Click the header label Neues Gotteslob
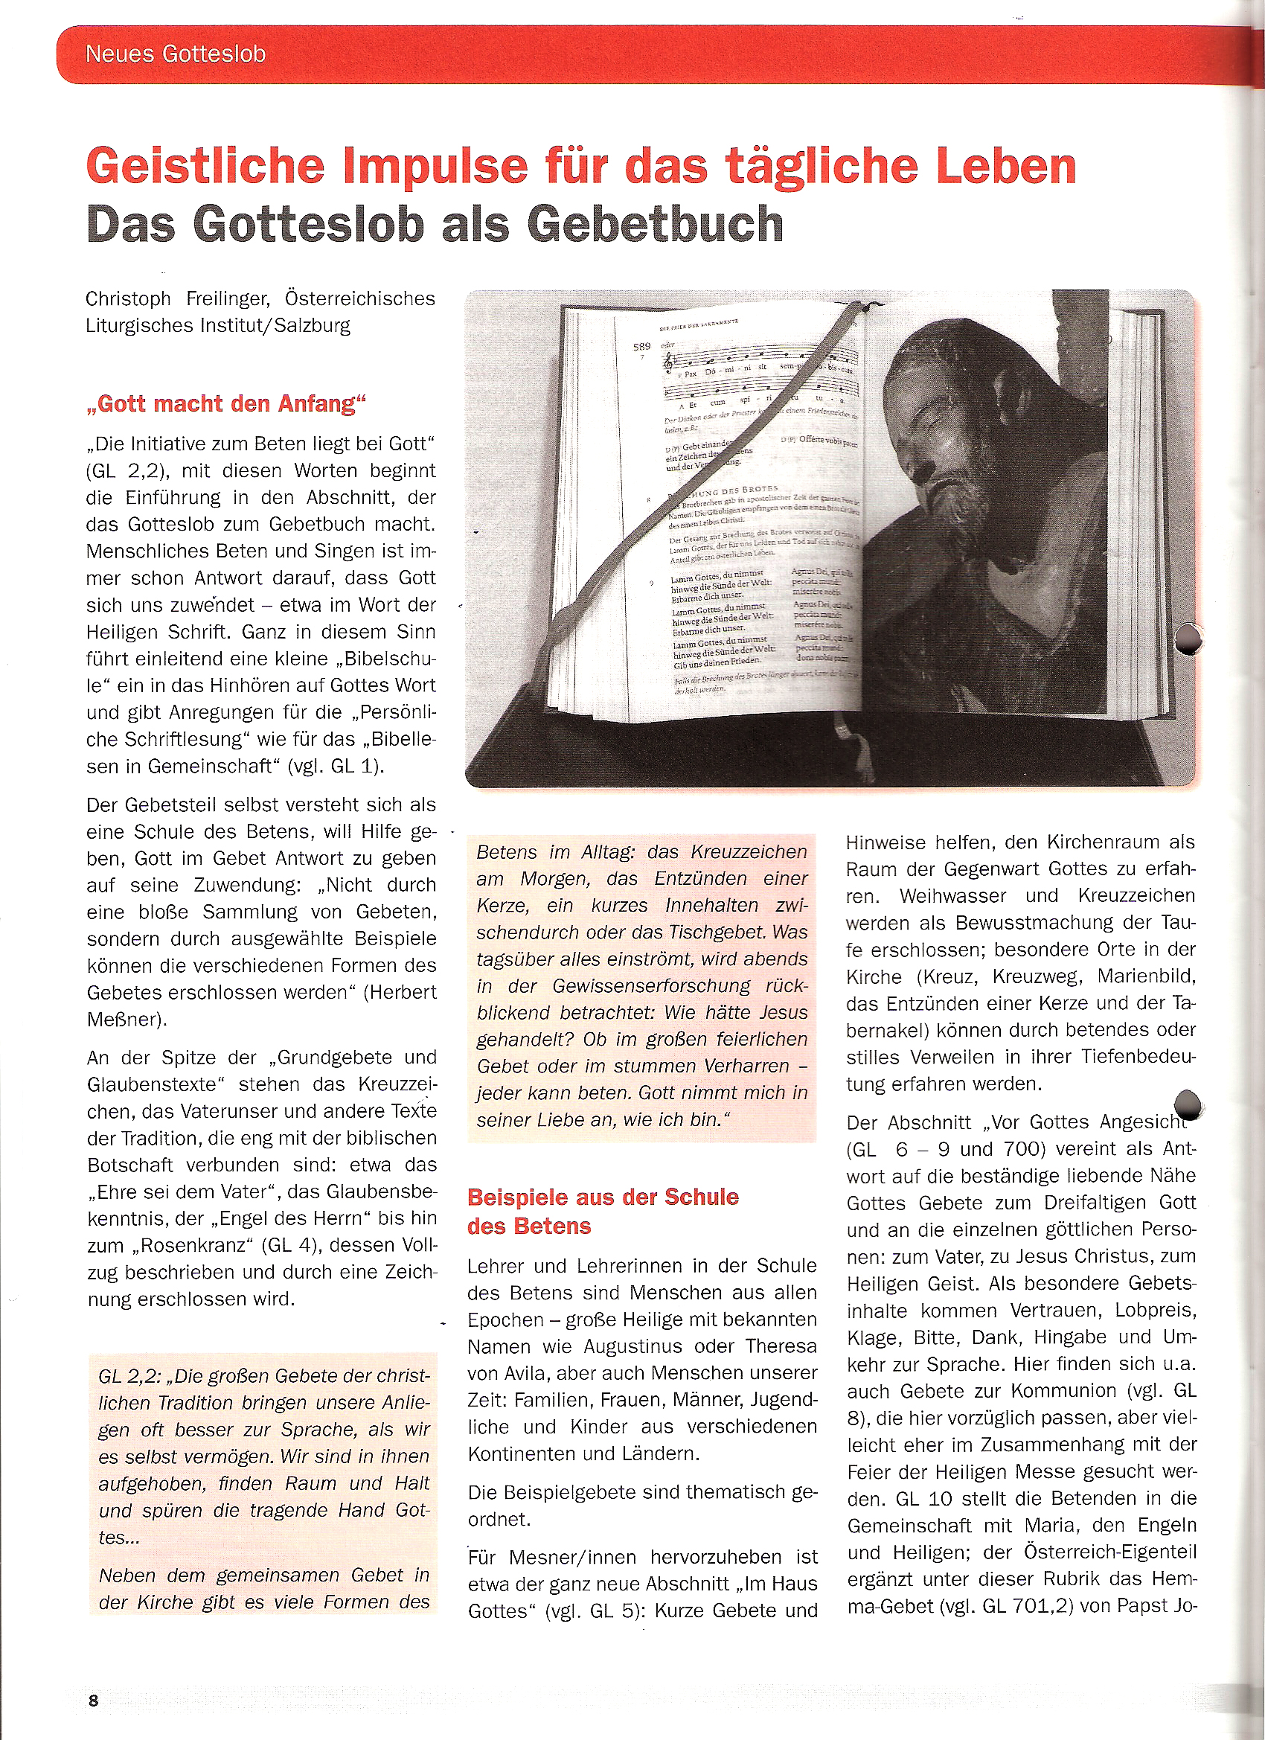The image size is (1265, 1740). click(x=175, y=54)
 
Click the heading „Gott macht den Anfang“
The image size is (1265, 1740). click(x=226, y=403)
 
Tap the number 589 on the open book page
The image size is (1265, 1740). click(x=641, y=347)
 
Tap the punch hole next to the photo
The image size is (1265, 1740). click(x=1188, y=639)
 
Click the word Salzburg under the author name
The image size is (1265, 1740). click(x=313, y=325)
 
